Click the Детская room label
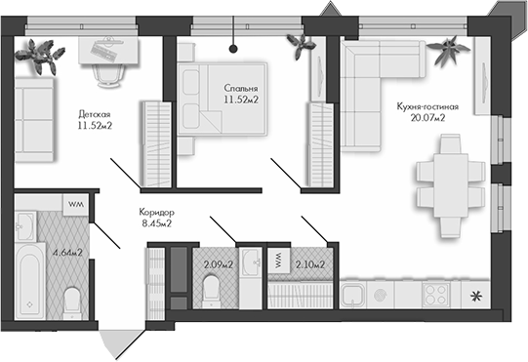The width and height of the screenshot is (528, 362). tap(94, 113)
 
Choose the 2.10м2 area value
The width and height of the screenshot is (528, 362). tap(309, 261)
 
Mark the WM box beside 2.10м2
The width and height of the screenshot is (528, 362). tap(277, 261)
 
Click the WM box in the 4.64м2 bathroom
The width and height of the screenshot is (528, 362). tap(75, 204)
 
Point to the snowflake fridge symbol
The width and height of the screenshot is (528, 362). tap(476, 296)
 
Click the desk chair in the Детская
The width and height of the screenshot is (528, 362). tap(107, 72)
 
